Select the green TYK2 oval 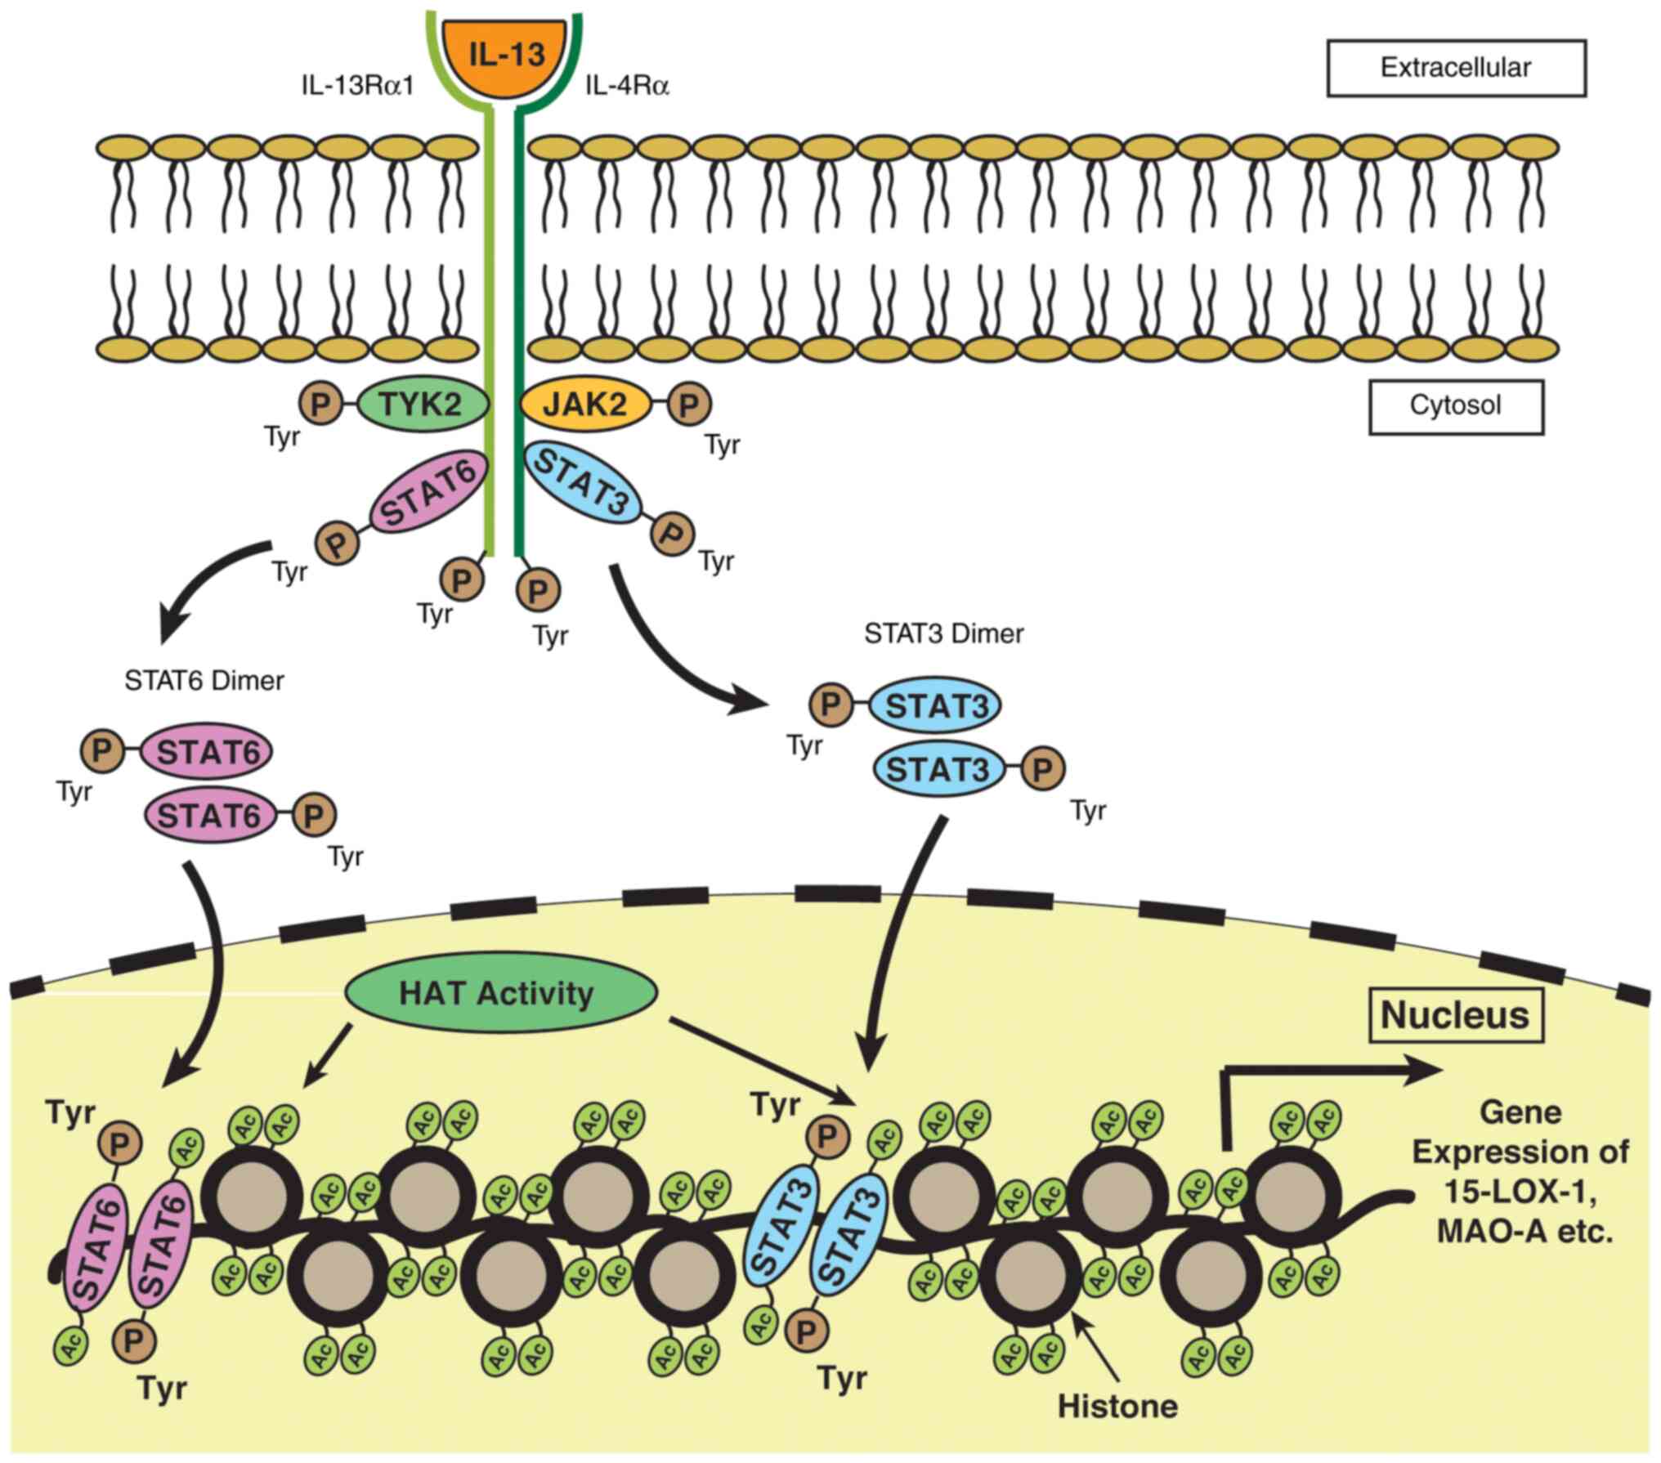coord(422,404)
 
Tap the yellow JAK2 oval coord(585,404)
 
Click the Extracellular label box coord(1456,68)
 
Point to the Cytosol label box coord(1456,406)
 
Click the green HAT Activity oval coord(500,993)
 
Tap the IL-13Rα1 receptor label coord(358,86)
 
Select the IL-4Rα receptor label coord(628,86)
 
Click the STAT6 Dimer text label coord(204,681)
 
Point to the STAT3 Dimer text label coord(944,633)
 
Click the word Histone coord(1117,1406)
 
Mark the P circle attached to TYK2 coord(321,404)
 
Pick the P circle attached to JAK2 coord(689,404)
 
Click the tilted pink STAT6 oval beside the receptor coord(428,494)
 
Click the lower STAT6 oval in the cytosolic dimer coord(210,816)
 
